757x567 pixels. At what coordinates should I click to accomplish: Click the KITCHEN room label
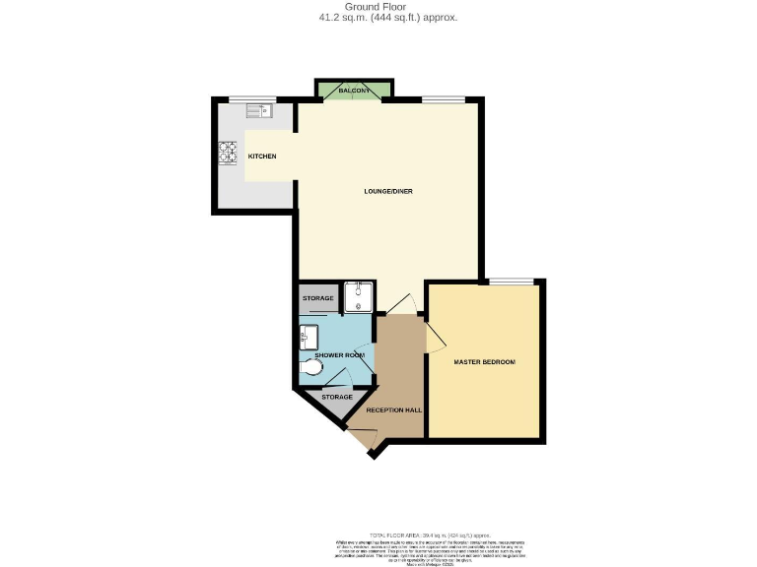click(261, 157)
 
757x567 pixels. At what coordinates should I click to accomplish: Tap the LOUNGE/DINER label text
click(387, 191)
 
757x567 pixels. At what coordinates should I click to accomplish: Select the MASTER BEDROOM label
click(484, 362)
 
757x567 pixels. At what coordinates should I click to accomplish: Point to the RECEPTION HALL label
click(393, 409)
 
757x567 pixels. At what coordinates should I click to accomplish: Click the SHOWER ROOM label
click(339, 354)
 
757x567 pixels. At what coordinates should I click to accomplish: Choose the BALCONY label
click(354, 91)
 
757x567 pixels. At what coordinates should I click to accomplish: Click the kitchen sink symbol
click(258, 111)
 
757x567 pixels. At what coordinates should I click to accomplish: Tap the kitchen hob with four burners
click(228, 153)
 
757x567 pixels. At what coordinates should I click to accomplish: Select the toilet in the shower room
click(311, 369)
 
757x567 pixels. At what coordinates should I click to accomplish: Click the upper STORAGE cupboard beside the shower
click(318, 297)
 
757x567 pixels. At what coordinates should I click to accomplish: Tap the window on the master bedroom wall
click(509, 282)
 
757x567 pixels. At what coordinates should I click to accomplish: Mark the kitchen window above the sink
click(247, 98)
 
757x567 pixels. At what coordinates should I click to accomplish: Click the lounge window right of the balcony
click(443, 98)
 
